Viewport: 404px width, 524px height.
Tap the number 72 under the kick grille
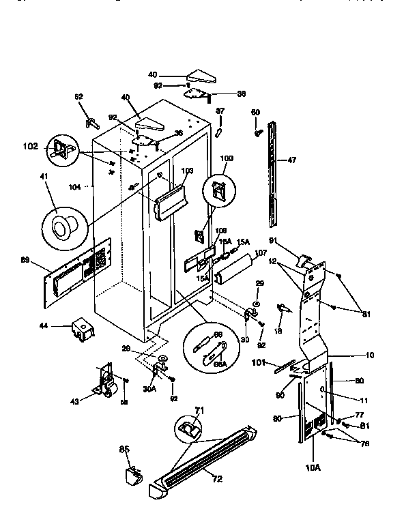216,479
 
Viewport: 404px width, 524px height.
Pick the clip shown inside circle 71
188,428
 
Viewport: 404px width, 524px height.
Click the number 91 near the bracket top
272,240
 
